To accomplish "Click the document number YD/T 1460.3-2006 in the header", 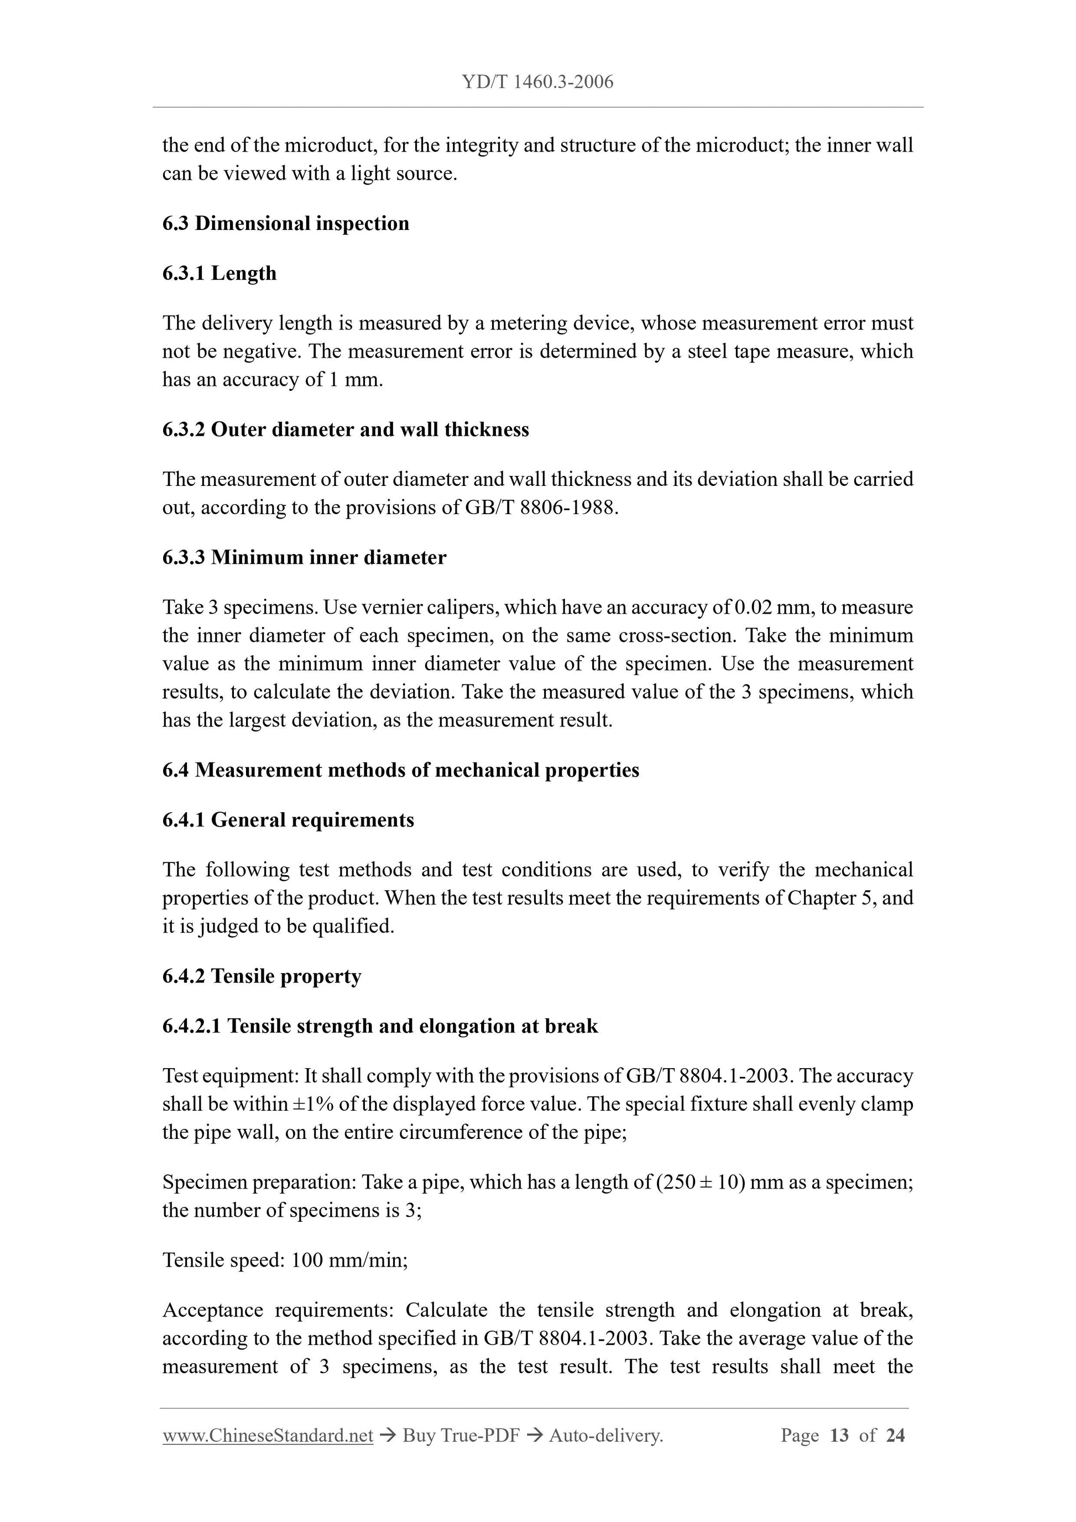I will click(x=537, y=82).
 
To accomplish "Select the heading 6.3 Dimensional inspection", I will click(x=286, y=223).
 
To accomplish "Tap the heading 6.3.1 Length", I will click(x=220, y=273).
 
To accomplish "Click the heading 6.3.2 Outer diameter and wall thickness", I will click(x=346, y=430).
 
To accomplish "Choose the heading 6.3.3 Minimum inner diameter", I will click(x=304, y=557).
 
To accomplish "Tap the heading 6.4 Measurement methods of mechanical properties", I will click(x=400, y=770).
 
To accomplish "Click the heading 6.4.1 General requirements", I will click(x=289, y=820).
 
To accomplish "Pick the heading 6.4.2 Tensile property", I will click(x=262, y=976).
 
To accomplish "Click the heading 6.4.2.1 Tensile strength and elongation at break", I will click(x=380, y=1026).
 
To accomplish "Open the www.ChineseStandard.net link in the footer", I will click(x=268, y=1436).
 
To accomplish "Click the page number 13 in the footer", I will click(x=839, y=1436).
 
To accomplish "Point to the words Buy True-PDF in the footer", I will click(x=461, y=1436).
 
